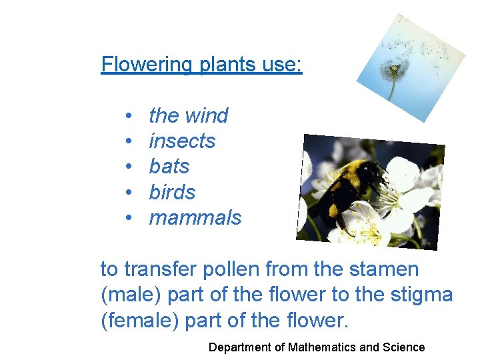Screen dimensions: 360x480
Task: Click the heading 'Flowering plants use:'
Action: tap(201, 65)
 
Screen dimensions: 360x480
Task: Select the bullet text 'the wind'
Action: tap(188, 115)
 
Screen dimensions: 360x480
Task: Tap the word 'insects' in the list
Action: tap(182, 141)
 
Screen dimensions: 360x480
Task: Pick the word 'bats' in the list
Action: tap(169, 167)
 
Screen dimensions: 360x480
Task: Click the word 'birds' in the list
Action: tap(172, 193)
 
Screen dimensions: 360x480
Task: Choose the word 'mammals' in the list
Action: tap(195, 218)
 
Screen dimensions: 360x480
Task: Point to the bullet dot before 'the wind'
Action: tap(127, 116)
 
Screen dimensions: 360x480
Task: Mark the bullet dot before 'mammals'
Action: tap(127, 219)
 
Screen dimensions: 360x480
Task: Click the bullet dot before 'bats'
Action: tap(127, 167)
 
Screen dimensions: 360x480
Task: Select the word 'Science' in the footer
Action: tap(404, 347)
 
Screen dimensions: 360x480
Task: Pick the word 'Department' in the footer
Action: tap(239, 347)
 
